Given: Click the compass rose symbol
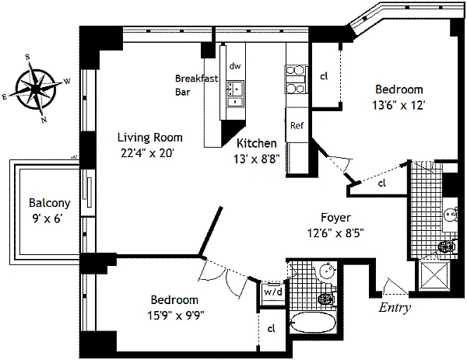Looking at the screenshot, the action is coord(36,89).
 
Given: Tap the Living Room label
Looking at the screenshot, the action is coord(149,138).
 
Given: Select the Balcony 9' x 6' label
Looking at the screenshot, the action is coord(50,211).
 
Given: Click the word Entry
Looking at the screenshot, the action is coord(395,307).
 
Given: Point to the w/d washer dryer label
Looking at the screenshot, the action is coord(273,292).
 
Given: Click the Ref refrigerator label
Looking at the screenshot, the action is coord(297,125).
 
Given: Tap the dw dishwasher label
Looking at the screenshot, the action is coord(235,66).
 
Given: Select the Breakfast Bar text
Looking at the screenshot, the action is coord(196,85).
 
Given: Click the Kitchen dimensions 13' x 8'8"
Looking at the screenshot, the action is coord(256,159).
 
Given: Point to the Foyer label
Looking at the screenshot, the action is coord(335,218).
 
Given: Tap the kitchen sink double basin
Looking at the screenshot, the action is coord(235,93).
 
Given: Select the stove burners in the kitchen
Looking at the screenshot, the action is coord(295,79).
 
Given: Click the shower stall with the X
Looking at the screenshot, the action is coord(434,275).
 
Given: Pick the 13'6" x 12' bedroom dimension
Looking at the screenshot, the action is coord(399,105).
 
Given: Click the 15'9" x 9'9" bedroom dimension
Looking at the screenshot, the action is coord(175,315).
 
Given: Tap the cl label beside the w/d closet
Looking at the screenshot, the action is coord(271,329).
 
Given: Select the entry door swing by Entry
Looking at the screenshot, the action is coord(395,287).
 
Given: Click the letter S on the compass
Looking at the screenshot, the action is coord(28,57).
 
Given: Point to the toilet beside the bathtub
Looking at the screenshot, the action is coord(326,298).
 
